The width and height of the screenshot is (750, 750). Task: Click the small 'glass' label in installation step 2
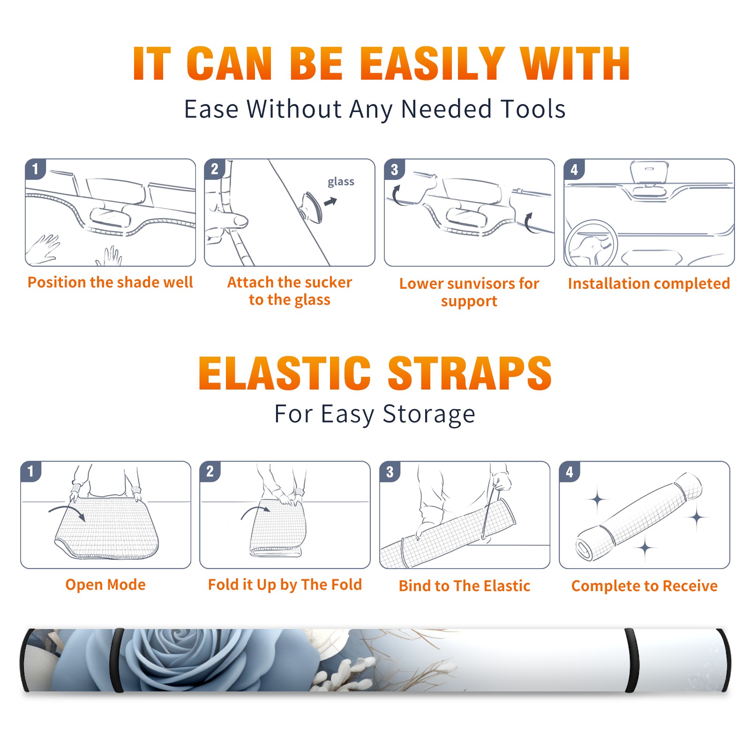click(x=341, y=182)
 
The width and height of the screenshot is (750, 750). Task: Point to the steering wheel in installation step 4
click(x=591, y=244)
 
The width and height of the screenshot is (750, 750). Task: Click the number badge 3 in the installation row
click(x=395, y=169)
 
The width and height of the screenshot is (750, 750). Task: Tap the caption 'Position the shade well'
click(x=110, y=282)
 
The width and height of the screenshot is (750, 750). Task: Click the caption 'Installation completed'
click(x=649, y=283)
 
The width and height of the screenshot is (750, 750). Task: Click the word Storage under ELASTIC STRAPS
click(x=429, y=414)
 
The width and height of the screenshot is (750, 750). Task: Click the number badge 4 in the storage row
click(x=570, y=472)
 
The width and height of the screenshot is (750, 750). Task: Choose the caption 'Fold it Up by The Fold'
click(x=285, y=585)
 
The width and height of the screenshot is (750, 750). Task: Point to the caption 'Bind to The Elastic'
click(x=464, y=585)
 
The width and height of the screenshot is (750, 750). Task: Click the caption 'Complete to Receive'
click(x=645, y=585)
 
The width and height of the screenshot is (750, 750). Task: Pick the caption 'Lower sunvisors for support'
click(x=469, y=292)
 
